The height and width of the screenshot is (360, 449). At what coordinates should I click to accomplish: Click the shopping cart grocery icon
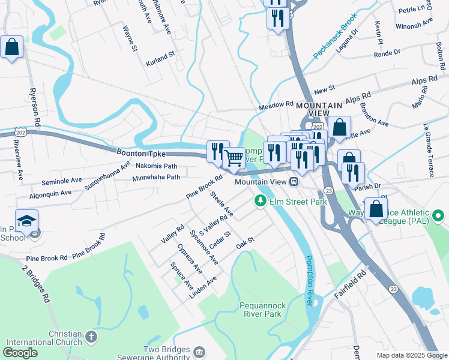(x=234, y=158)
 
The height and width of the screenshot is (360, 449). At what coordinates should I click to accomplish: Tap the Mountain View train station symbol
(x=294, y=182)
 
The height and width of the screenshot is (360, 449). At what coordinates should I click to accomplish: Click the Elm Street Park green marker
(x=261, y=201)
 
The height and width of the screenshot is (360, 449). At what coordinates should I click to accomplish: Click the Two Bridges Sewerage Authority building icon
(x=200, y=351)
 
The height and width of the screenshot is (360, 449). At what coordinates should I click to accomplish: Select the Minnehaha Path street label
(x=156, y=178)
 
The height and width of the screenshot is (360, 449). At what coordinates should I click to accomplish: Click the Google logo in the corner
(x=20, y=353)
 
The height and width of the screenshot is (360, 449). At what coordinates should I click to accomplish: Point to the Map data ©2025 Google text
(x=412, y=355)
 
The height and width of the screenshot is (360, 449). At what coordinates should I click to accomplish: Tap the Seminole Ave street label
(x=62, y=180)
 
